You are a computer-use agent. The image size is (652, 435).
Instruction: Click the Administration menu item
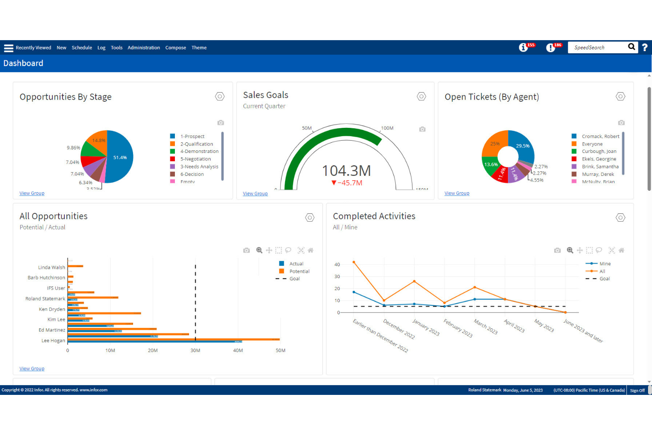click(144, 48)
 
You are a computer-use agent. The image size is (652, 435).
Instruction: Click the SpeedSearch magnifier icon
click(631, 47)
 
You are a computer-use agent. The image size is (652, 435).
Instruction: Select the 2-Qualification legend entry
click(196, 144)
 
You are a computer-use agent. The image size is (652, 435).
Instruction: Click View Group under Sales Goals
click(255, 193)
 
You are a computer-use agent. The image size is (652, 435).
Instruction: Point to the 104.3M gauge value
click(346, 171)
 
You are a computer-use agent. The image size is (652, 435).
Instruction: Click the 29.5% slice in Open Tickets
click(522, 146)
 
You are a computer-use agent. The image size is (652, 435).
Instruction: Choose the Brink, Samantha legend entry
click(600, 167)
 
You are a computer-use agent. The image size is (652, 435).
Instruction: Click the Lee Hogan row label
click(53, 341)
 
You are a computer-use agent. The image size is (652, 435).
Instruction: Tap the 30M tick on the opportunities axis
click(195, 351)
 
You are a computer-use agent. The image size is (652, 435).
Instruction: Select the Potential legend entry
click(299, 271)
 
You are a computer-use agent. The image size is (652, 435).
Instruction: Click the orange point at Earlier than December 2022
click(354, 262)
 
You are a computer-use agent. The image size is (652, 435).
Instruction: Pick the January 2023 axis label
click(426, 327)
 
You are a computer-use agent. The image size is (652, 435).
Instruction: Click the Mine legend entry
click(605, 264)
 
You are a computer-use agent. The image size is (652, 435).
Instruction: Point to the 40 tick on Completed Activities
click(337, 265)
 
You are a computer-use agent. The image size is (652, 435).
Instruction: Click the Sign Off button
click(637, 390)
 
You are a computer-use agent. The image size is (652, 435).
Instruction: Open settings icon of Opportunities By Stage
click(220, 97)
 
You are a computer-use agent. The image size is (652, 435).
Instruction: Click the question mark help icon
click(645, 47)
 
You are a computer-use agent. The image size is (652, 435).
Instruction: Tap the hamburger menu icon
click(8, 48)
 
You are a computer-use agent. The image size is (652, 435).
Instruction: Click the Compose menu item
click(175, 48)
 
